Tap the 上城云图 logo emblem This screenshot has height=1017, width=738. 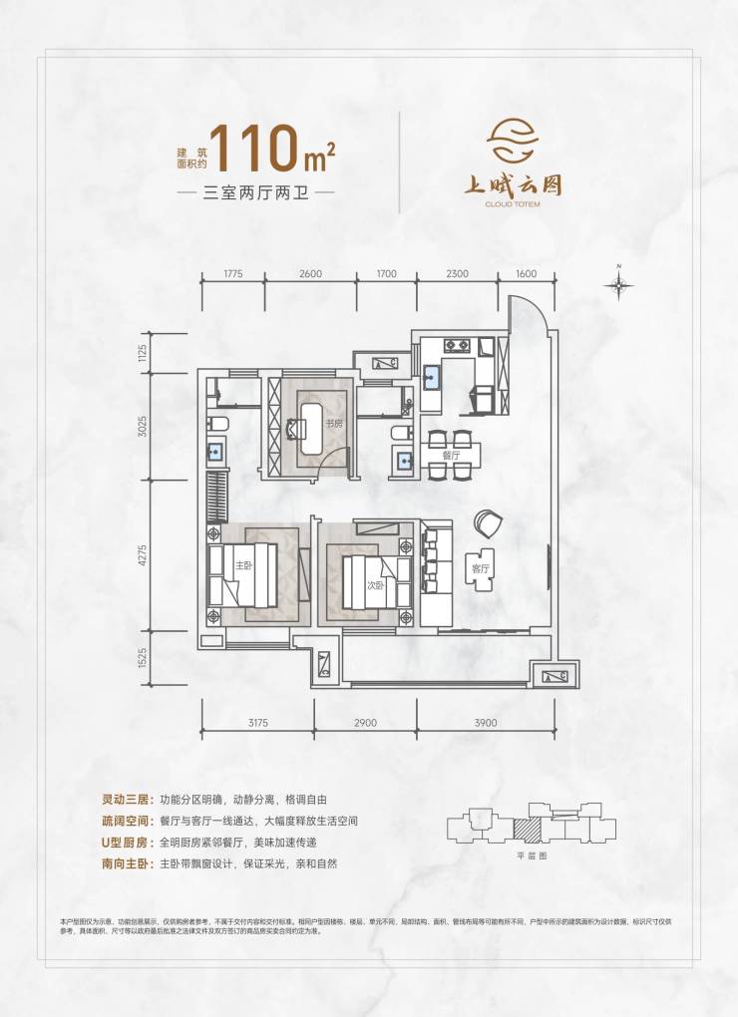pyautogui.click(x=516, y=145)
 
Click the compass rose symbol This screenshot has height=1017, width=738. pyautogui.click(x=619, y=285)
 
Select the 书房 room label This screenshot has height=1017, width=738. pyautogui.click(x=333, y=424)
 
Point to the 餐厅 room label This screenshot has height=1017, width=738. pyautogui.click(x=451, y=455)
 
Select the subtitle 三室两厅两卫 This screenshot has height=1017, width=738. pyautogui.click(x=254, y=191)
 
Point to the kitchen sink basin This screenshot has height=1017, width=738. pyautogui.click(x=433, y=377)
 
